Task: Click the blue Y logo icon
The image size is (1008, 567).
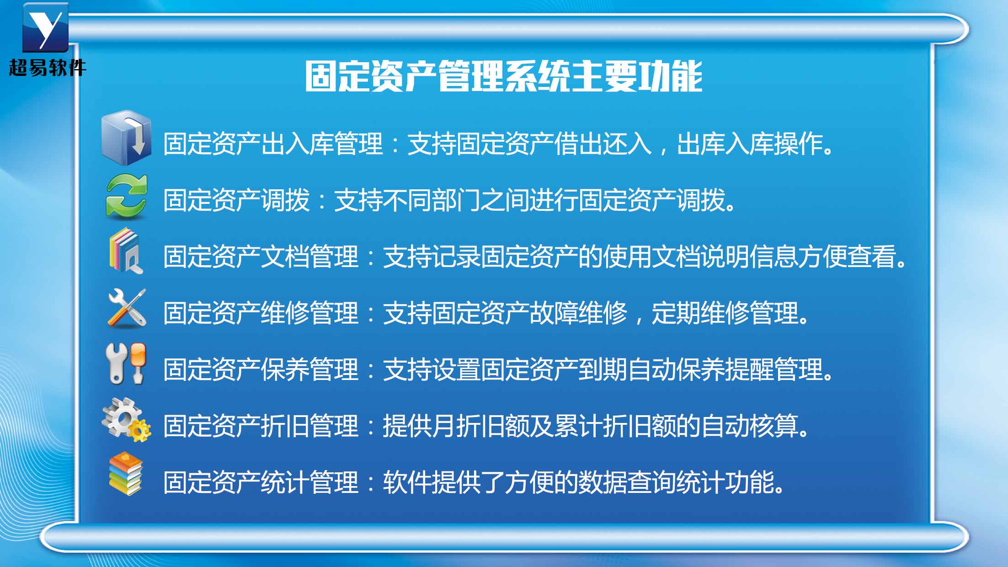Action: pyautogui.click(x=45, y=27)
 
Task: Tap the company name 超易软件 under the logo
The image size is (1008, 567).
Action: pyautogui.click(x=48, y=68)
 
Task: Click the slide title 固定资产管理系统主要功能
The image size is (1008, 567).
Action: pyautogui.click(x=503, y=76)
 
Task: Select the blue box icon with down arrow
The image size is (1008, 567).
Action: pyautogui.click(x=126, y=138)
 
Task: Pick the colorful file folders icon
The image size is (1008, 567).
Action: pyautogui.click(x=126, y=251)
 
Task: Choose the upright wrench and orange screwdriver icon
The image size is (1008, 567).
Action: pyautogui.click(x=126, y=363)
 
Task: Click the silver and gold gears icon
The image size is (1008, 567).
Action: pyautogui.click(x=126, y=420)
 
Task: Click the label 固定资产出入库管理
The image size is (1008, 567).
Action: pyautogui.click(x=273, y=144)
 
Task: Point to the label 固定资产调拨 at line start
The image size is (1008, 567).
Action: pyautogui.click(x=236, y=200)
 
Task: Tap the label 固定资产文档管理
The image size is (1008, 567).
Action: pyautogui.click(x=261, y=257)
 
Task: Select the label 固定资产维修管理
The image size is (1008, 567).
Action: pyautogui.click(x=261, y=313)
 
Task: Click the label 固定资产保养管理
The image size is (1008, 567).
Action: pyautogui.click(x=261, y=369)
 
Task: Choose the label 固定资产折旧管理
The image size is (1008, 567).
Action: pyautogui.click(x=261, y=426)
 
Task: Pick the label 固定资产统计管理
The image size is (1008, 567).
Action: pyautogui.click(x=261, y=482)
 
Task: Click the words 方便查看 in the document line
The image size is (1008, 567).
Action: pyautogui.click(x=847, y=257)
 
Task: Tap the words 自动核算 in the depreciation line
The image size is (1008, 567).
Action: pyautogui.click(x=750, y=426)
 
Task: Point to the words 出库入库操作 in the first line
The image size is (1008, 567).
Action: pyautogui.click(x=750, y=144)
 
